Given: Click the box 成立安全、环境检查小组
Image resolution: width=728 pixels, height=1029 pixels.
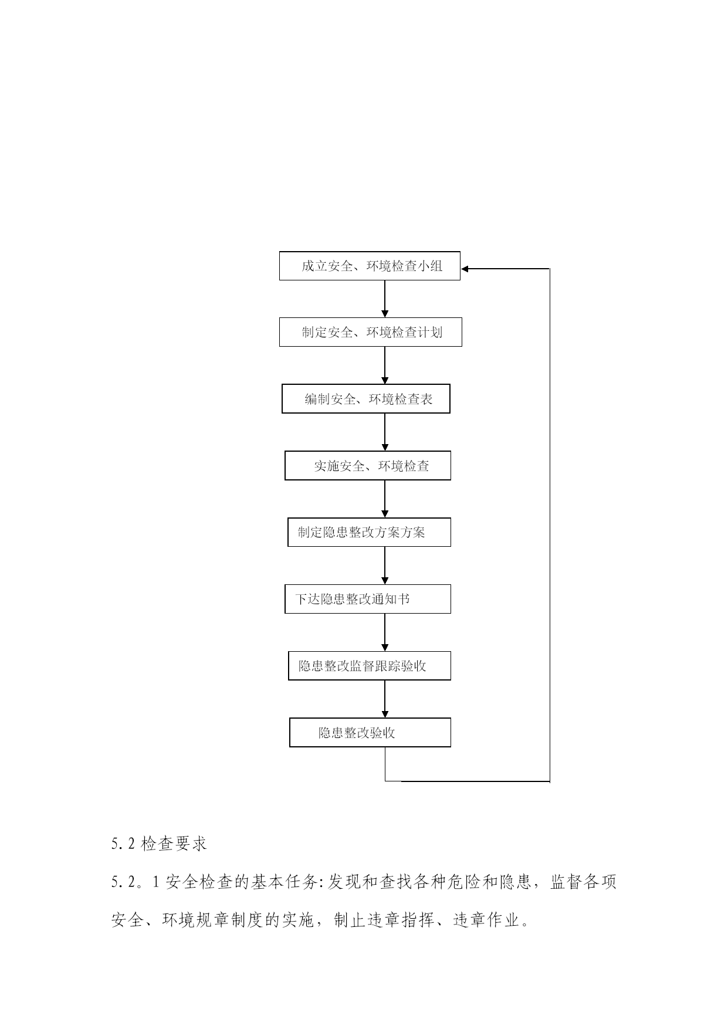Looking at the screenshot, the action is (x=370, y=266).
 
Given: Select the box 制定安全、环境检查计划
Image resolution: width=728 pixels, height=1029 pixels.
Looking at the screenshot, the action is (x=370, y=332).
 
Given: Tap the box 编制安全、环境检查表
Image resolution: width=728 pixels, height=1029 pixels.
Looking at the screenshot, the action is (x=366, y=399).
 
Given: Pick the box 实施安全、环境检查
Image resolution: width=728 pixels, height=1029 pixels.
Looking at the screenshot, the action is (x=368, y=466).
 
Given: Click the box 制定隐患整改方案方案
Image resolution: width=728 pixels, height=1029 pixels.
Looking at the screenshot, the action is (x=369, y=532).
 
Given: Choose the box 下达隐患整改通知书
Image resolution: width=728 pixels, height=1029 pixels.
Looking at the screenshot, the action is (x=368, y=599).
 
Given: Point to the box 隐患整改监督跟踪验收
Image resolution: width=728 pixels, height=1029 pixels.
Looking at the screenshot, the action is (x=370, y=666).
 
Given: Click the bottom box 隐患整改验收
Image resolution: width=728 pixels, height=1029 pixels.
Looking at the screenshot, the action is (x=370, y=733).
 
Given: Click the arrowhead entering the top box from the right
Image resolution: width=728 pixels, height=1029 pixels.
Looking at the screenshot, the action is (x=465, y=269).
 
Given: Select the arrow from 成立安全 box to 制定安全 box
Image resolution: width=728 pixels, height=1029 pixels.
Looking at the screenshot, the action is (x=385, y=299).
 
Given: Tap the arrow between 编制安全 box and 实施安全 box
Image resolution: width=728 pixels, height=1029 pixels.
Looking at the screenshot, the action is (x=385, y=432).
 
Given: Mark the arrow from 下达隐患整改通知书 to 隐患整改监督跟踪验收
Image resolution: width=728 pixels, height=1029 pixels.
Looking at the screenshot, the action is (x=385, y=632).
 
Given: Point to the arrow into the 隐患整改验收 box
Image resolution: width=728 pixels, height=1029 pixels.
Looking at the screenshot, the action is (x=385, y=699).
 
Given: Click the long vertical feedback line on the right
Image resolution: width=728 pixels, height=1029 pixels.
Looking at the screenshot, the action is (x=550, y=525).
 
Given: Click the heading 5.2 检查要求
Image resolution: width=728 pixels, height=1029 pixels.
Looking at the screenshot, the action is (x=159, y=844).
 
